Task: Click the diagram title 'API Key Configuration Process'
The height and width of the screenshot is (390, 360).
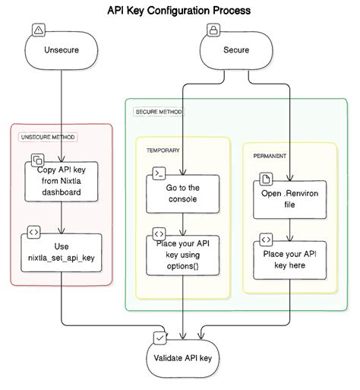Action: click(180, 11)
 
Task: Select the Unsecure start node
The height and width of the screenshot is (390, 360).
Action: click(61, 52)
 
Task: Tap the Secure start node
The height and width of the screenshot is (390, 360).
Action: click(235, 52)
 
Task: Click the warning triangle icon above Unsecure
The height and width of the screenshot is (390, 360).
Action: click(39, 30)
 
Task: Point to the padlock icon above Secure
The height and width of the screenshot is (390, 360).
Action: click(213, 30)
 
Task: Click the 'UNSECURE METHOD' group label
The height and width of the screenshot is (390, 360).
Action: click(49, 137)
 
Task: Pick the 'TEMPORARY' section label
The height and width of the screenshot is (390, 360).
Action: click(163, 150)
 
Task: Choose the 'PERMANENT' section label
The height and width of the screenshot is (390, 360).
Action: click(270, 155)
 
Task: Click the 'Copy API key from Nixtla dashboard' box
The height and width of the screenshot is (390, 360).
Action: click(61, 182)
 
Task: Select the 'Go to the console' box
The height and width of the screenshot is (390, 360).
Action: click(182, 193)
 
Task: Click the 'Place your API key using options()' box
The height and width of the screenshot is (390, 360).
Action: click(182, 253)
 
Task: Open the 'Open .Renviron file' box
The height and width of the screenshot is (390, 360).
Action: click(289, 198)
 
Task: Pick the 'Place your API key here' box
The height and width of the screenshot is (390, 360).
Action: click(289, 258)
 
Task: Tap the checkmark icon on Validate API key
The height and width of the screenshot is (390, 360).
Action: click(159, 335)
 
